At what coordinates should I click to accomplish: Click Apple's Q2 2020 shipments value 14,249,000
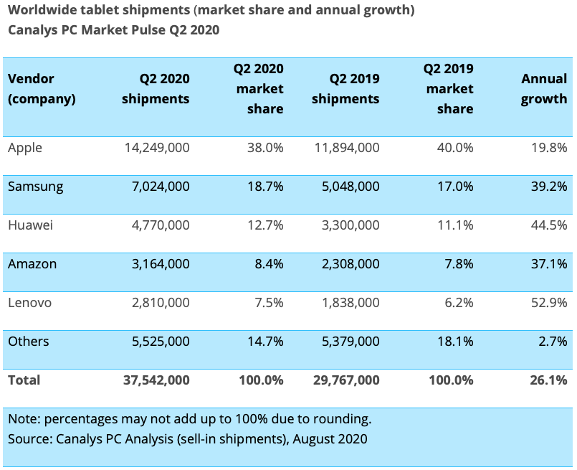[157, 148]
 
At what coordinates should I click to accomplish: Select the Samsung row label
[35, 187]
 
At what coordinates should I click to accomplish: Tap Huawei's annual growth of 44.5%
[548, 225]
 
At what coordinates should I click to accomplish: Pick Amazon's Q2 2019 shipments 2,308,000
[351, 264]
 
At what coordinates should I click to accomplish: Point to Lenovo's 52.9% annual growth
[548, 303]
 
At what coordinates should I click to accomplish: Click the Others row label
[29, 342]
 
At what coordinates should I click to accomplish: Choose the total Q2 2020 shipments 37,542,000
[156, 380]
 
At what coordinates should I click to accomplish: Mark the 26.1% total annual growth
[548, 380]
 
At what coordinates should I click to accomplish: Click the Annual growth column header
[544, 89]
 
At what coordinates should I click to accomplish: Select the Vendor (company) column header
[42, 89]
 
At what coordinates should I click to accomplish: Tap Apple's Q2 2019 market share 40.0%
[455, 148]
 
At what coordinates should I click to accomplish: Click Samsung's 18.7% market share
[265, 187]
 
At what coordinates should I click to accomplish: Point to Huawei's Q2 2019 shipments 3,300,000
[351, 225]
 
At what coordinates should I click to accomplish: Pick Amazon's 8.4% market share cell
[269, 264]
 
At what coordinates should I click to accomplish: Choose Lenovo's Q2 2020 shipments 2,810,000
[161, 303]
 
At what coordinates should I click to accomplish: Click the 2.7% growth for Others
[553, 342]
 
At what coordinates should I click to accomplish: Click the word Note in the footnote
[24, 419]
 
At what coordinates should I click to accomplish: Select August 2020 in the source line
[330, 439]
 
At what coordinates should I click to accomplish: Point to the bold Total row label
[24, 380]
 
